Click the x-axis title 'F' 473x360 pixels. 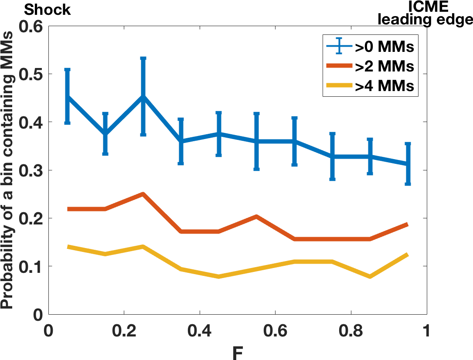[238, 352]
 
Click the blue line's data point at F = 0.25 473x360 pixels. [143, 97]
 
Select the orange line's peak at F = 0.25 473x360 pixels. [143, 194]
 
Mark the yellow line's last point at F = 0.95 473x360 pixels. [408, 255]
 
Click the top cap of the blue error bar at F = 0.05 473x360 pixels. [67, 70]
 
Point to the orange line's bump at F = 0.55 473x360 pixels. [256, 217]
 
